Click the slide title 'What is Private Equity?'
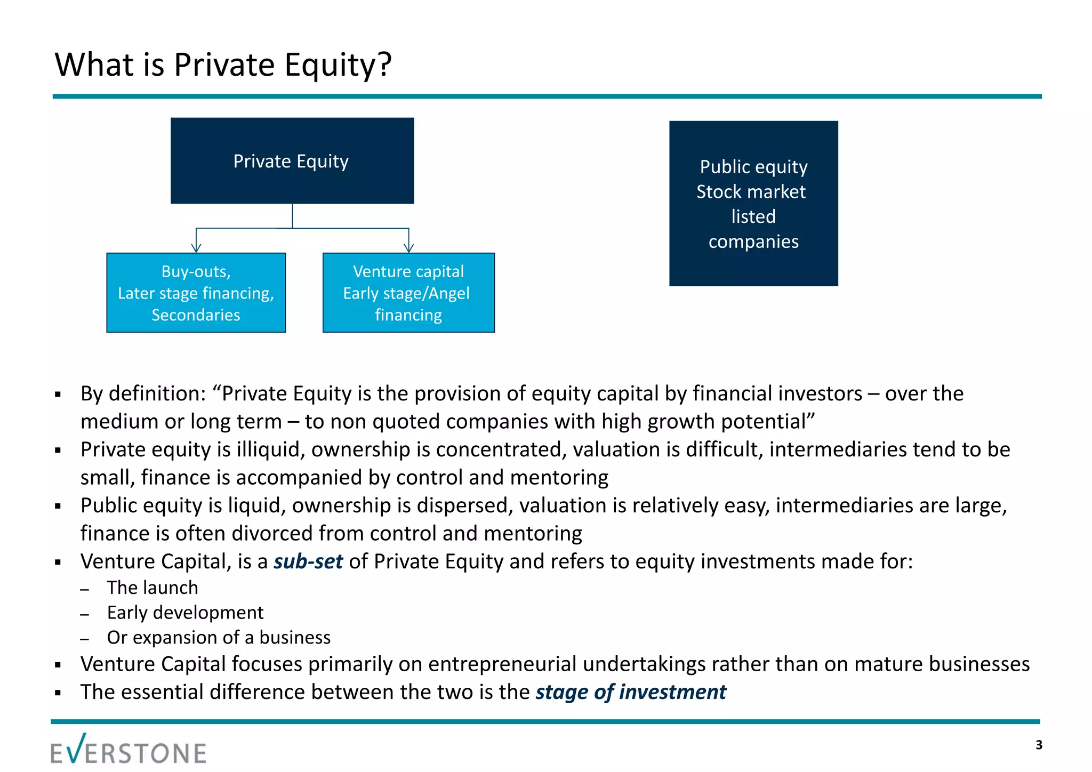pyautogui.click(x=223, y=65)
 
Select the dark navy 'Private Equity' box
pyautogui.click(x=292, y=160)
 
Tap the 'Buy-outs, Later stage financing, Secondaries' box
pyautogui.click(x=196, y=292)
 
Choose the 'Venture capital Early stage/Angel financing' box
pyautogui.click(x=408, y=292)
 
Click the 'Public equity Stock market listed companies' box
pyautogui.click(x=753, y=203)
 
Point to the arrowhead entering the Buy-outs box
pyautogui.click(x=196, y=248)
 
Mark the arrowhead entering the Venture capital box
pyautogui.click(x=409, y=248)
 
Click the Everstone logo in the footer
pyautogui.click(x=129, y=750)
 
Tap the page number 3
pyautogui.click(x=1039, y=745)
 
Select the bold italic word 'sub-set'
pyautogui.click(x=308, y=561)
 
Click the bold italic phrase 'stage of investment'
pyautogui.click(x=631, y=692)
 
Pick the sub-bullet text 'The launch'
pyautogui.click(x=152, y=588)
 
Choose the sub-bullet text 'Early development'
pyautogui.click(x=185, y=613)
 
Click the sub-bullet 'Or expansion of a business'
pyautogui.click(x=219, y=638)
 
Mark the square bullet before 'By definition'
pyautogui.click(x=58, y=395)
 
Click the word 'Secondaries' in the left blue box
pyautogui.click(x=196, y=315)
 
